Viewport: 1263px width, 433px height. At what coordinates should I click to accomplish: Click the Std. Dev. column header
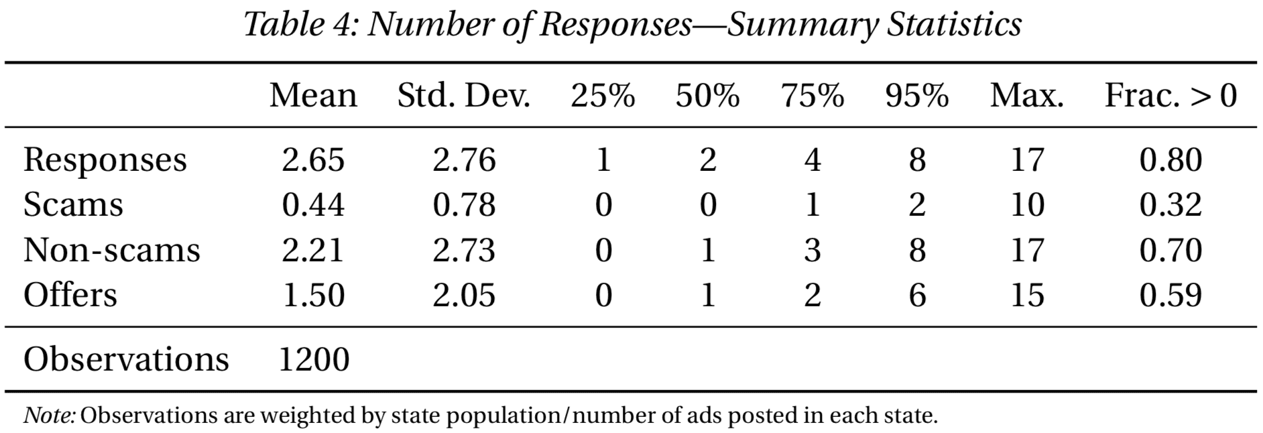[x=463, y=96]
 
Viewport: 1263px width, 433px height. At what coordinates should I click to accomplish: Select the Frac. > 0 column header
[x=1170, y=96]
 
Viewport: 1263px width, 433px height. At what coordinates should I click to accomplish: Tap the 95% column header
[x=916, y=96]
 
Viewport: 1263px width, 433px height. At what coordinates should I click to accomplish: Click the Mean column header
[x=313, y=96]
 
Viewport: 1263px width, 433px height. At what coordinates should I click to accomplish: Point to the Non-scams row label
[x=111, y=250]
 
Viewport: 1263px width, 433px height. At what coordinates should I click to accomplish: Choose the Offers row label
[x=70, y=295]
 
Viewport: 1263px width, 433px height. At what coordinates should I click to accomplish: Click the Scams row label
[x=73, y=204]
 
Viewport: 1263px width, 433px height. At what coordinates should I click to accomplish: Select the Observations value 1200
[x=313, y=359]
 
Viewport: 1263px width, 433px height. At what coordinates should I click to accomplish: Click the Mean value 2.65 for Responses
[x=313, y=160]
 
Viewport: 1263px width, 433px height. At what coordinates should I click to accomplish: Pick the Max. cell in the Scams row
[x=1027, y=204]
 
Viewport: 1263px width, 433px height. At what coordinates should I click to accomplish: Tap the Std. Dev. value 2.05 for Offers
[x=463, y=295]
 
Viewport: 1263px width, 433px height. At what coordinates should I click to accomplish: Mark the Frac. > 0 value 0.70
[x=1170, y=250]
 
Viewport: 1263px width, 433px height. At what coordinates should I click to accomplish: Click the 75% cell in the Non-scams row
[x=812, y=250]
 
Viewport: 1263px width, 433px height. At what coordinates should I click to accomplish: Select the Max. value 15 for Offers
[x=1027, y=295]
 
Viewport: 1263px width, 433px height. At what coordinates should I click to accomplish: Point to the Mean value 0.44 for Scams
[x=313, y=204]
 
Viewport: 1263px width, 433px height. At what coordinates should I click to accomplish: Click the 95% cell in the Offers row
[x=916, y=295]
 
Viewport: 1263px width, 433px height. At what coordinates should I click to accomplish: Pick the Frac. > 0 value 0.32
[x=1170, y=204]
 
